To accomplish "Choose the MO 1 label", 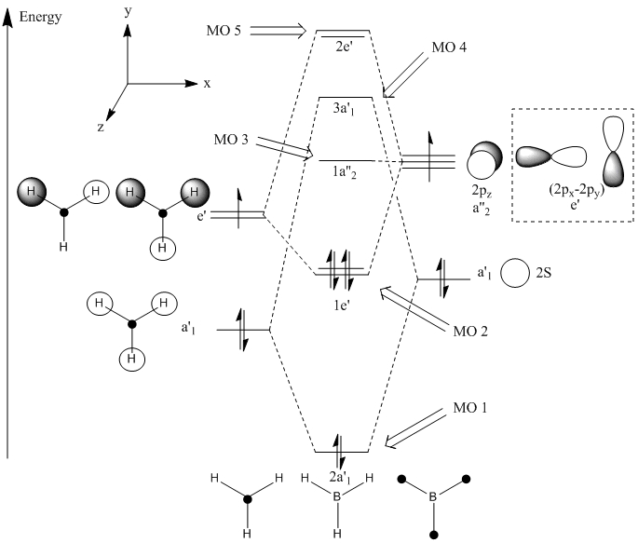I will pos(466,409).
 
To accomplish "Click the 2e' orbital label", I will pos(344,45).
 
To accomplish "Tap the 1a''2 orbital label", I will pos(345,172).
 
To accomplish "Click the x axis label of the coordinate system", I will pos(207,83).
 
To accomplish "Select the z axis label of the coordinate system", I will pos(101,129).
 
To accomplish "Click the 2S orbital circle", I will pos(514,274).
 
